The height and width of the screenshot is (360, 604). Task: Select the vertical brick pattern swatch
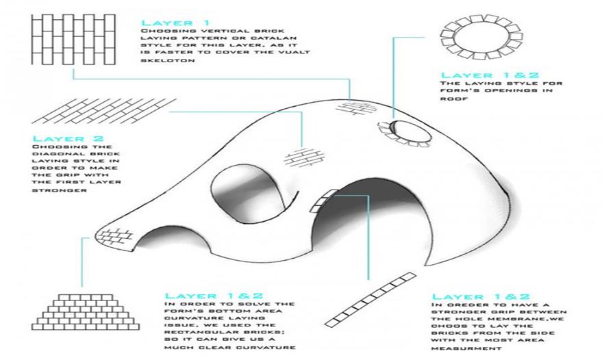click(71, 38)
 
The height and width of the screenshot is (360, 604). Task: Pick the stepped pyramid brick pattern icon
click(83, 312)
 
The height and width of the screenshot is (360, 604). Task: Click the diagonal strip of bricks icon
click(370, 298)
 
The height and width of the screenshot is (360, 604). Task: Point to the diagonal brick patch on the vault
click(300, 158)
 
